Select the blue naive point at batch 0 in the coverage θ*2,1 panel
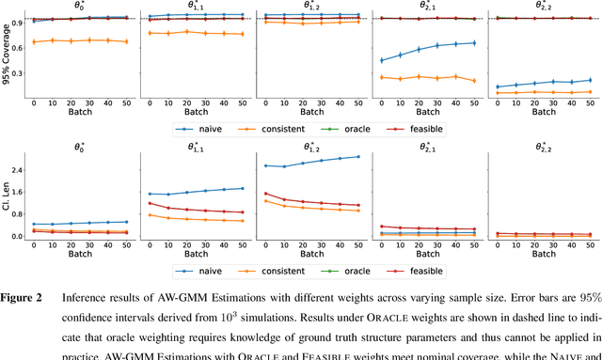pyautogui.click(x=381, y=60)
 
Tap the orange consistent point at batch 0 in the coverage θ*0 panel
pyautogui.click(x=35, y=42)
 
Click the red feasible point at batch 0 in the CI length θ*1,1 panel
pyautogui.click(x=149, y=203)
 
